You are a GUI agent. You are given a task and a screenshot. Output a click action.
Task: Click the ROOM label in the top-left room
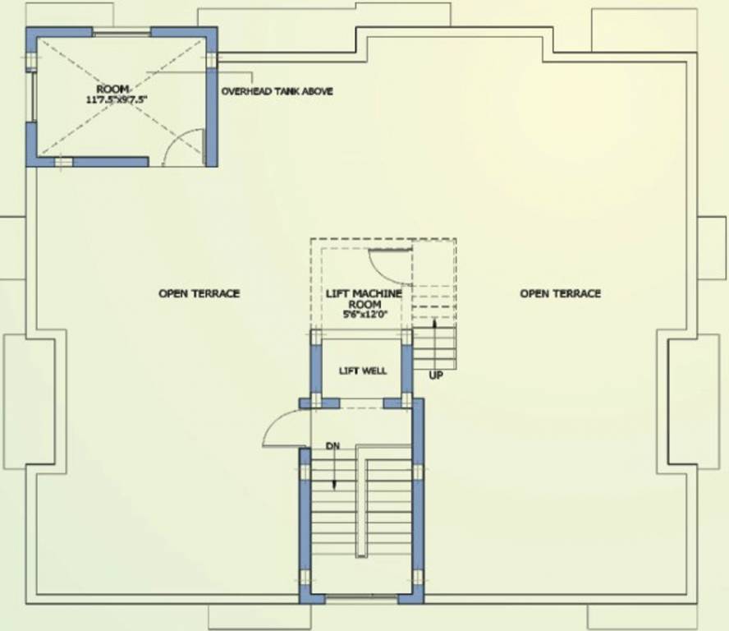click(114, 88)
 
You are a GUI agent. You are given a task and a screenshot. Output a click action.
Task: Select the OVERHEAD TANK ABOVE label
click(277, 91)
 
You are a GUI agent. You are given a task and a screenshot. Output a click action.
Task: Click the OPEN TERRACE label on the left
click(199, 293)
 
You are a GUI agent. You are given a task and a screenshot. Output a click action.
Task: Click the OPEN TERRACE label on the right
click(560, 293)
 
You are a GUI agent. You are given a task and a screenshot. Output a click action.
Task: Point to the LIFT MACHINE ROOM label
click(363, 298)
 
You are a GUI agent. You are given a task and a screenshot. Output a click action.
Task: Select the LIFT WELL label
click(363, 371)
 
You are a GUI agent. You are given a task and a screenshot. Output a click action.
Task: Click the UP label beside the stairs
click(436, 375)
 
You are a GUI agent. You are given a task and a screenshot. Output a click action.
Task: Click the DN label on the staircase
click(332, 446)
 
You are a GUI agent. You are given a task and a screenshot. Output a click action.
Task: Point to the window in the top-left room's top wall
click(121, 33)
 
